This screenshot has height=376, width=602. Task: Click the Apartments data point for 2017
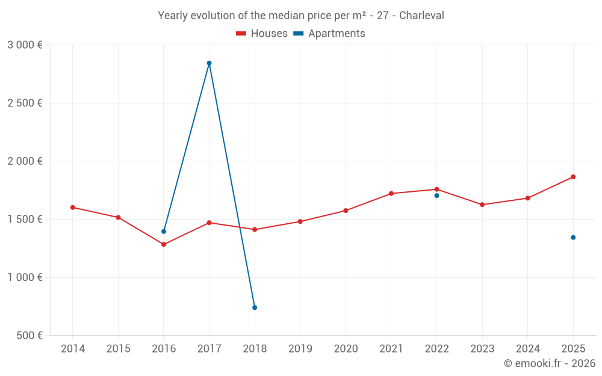209,63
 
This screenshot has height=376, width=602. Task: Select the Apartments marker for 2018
255,307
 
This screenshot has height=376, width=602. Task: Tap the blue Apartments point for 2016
164,232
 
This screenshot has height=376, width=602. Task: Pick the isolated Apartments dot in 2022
436,196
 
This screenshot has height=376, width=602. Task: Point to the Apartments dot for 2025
573,237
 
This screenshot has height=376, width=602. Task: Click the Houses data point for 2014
73,208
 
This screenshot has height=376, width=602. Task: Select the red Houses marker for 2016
164,244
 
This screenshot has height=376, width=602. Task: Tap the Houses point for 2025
573,177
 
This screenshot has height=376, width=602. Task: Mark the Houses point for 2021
391,193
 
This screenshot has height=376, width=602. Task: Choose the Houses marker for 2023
482,205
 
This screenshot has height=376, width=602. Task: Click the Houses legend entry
262,34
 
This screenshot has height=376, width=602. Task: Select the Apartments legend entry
329,34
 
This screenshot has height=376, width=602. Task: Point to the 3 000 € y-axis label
25,45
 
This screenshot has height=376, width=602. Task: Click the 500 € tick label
29,336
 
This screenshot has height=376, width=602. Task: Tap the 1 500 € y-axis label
25,220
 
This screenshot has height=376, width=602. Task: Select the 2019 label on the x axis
300,349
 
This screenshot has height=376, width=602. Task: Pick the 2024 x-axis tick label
527,349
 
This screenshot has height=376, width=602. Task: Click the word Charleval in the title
422,16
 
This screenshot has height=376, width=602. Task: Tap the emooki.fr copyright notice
550,363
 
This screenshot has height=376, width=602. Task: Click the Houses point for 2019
300,221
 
